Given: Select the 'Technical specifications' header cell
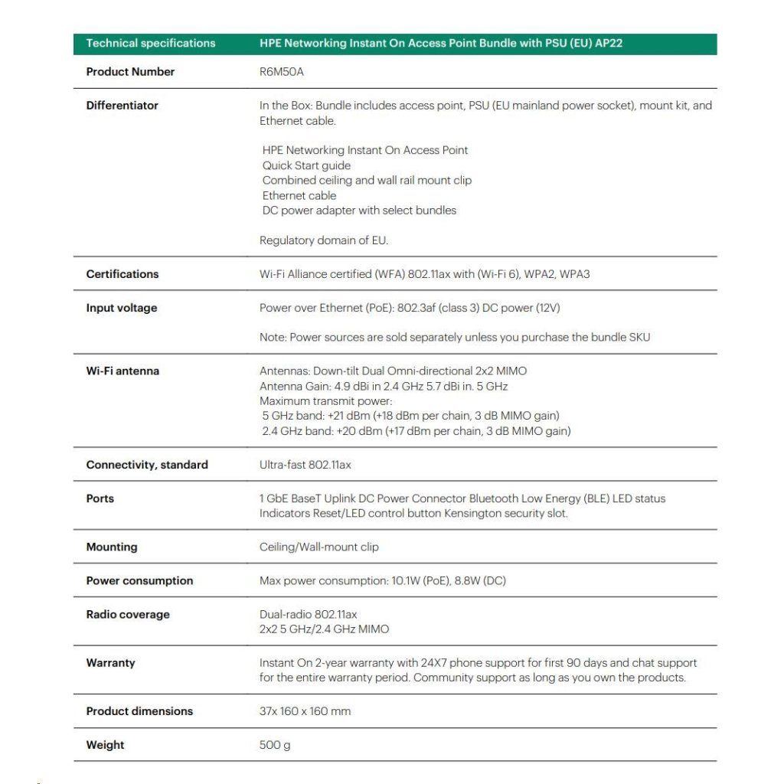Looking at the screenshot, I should pyautogui.click(x=151, y=44).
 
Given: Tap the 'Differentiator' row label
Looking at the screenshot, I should pyautogui.click(x=122, y=106).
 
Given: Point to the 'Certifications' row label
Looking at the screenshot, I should pyautogui.click(x=122, y=274).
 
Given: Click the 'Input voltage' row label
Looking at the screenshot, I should pyautogui.click(x=121, y=308).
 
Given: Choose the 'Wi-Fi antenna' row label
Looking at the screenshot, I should pyautogui.click(x=122, y=371).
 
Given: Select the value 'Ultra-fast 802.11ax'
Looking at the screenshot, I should pyautogui.click(x=305, y=465).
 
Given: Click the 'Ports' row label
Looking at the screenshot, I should pyautogui.click(x=100, y=498).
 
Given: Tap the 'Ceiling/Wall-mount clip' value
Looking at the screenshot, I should pyautogui.click(x=318, y=547).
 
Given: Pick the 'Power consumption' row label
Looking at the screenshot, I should pyautogui.click(x=139, y=581).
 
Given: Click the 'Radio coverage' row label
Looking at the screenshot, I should pyautogui.click(x=128, y=615).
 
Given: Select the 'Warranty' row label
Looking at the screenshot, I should pyautogui.click(x=110, y=663).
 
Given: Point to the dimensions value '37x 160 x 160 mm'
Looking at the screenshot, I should pyautogui.click(x=305, y=711).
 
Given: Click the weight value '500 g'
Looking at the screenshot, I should pyautogui.click(x=275, y=745).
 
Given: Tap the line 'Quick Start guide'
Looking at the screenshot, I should pyautogui.click(x=306, y=165).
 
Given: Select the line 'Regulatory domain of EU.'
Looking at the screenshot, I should pyautogui.click(x=324, y=240).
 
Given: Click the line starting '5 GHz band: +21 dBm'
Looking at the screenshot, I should pyautogui.click(x=410, y=416).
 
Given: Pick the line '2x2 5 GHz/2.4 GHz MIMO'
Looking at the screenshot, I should pyautogui.click(x=324, y=629).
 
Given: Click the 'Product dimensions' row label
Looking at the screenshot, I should pyautogui.click(x=139, y=711).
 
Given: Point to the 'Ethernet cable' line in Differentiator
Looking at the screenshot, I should pyautogui.click(x=299, y=195).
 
